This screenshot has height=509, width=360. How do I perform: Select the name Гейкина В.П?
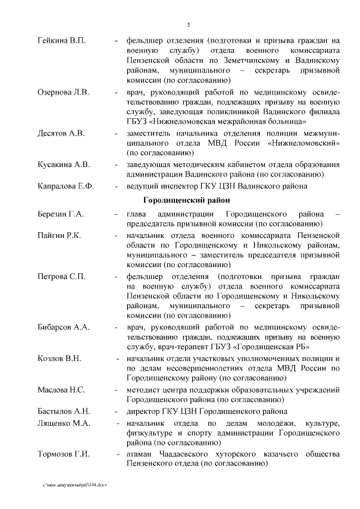[x=61, y=41]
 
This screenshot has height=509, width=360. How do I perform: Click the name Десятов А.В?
[x=61, y=133]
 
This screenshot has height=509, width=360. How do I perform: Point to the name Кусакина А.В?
[x=63, y=164]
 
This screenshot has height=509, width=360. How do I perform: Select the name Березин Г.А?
[x=60, y=214]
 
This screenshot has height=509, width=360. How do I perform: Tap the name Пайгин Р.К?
[x=59, y=235]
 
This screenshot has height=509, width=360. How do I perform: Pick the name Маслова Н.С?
[x=61, y=389]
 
